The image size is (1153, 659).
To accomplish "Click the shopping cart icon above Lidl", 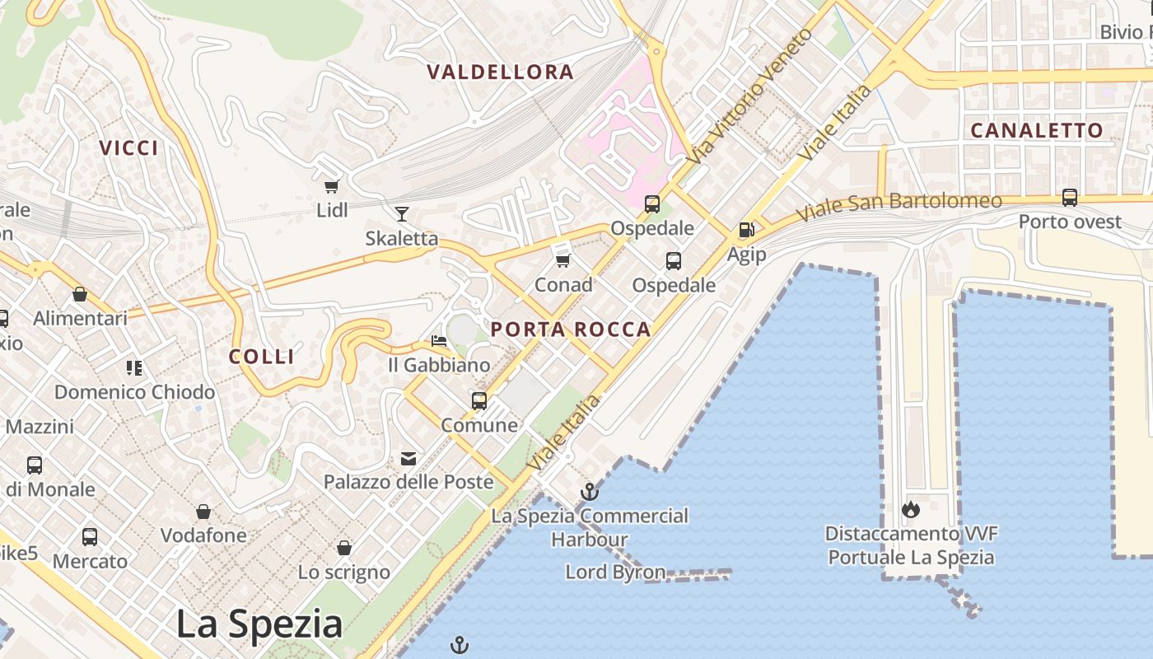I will click(x=332, y=186).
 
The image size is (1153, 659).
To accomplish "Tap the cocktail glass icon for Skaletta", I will click(x=402, y=214).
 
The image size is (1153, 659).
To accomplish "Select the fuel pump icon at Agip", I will click(x=746, y=231).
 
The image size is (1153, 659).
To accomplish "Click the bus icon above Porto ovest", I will click(x=1070, y=198).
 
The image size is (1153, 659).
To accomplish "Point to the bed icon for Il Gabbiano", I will click(x=439, y=340).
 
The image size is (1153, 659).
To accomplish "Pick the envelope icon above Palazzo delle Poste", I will click(x=408, y=458).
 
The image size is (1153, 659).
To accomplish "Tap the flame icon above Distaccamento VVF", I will click(x=910, y=510).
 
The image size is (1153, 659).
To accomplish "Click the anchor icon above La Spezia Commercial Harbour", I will click(x=589, y=493).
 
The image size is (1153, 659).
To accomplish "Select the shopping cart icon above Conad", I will click(x=563, y=260).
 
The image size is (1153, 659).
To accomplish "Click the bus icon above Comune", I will click(x=479, y=401).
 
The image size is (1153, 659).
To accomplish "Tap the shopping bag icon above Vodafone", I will click(x=203, y=512).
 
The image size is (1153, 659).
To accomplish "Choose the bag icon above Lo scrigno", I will click(x=344, y=548).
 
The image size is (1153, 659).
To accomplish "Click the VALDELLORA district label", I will click(x=501, y=72).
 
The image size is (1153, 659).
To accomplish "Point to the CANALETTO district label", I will click(x=1036, y=130).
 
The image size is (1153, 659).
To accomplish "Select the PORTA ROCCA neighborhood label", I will click(x=571, y=330).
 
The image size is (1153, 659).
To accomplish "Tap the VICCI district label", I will click(x=128, y=148).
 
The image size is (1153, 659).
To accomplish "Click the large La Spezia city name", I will click(x=259, y=624).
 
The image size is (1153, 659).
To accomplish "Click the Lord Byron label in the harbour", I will click(x=615, y=572).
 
